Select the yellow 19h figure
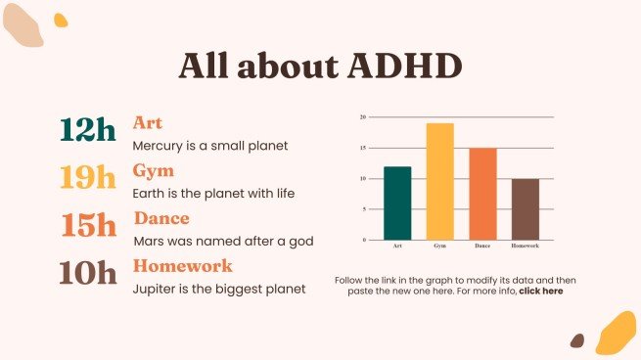click(x=87, y=177)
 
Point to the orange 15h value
click(x=89, y=225)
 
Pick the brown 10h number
click(x=87, y=272)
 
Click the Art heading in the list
click(x=148, y=123)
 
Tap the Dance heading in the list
click(x=161, y=218)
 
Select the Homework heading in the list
click(x=182, y=265)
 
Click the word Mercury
click(x=157, y=146)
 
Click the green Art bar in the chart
click(x=397, y=203)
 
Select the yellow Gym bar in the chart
click(x=439, y=182)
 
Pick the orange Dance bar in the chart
click(x=482, y=194)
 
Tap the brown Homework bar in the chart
click(x=525, y=209)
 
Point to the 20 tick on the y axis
click(x=363, y=117)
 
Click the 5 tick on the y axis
click(x=364, y=209)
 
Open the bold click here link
click(x=540, y=291)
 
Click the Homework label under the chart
click(x=525, y=246)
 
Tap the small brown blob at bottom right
click(x=577, y=340)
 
